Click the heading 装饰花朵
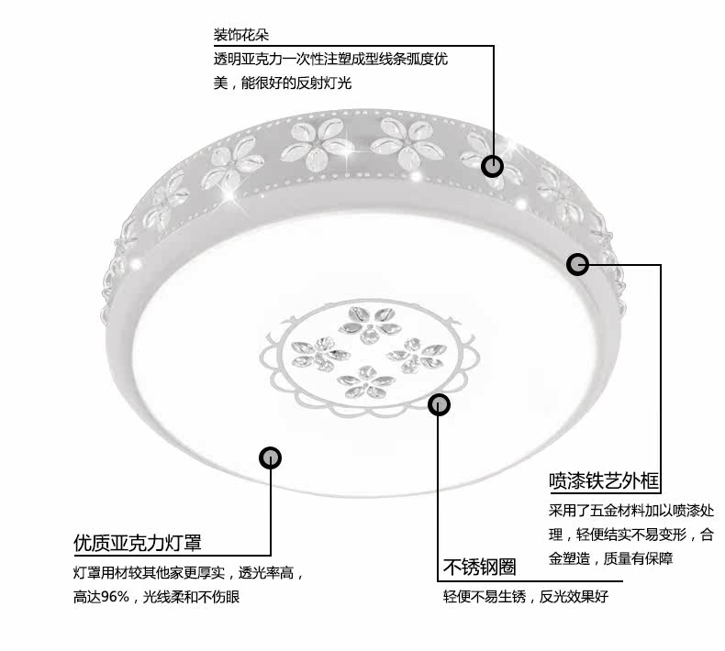(242, 35)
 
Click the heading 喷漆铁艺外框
(604, 480)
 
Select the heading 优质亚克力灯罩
(137, 543)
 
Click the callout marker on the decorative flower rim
(493, 166)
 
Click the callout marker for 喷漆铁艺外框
(577, 265)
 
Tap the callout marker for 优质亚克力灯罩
(271, 457)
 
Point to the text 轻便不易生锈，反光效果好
(526, 596)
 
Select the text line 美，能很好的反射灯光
(283, 83)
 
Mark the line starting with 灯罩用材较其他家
(188, 574)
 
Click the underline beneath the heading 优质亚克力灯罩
(172, 556)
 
